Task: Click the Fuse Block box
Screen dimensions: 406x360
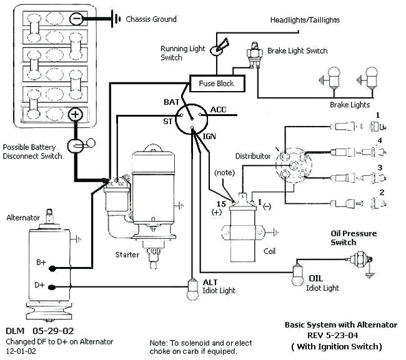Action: coord(217,83)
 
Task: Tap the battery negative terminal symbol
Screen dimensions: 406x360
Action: coord(76,19)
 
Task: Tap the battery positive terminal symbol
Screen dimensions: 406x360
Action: coord(75,114)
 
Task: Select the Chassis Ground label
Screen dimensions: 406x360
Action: coord(151,19)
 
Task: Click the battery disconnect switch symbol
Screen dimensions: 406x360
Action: coord(81,145)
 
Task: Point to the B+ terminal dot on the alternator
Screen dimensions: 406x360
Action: coord(52,269)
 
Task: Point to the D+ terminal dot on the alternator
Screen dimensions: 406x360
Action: coord(52,287)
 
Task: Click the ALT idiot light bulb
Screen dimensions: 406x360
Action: coord(192,289)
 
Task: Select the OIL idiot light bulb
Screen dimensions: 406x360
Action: coord(298,276)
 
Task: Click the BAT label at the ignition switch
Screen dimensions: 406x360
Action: coord(171,102)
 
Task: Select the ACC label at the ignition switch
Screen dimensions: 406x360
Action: coord(218,110)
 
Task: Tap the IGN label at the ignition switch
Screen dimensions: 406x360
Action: coord(209,136)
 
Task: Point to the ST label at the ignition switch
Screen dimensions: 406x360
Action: coord(167,121)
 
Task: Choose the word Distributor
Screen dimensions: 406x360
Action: coord(253,156)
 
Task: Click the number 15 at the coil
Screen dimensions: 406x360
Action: coord(221,204)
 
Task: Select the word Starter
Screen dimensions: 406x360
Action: coord(127,255)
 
